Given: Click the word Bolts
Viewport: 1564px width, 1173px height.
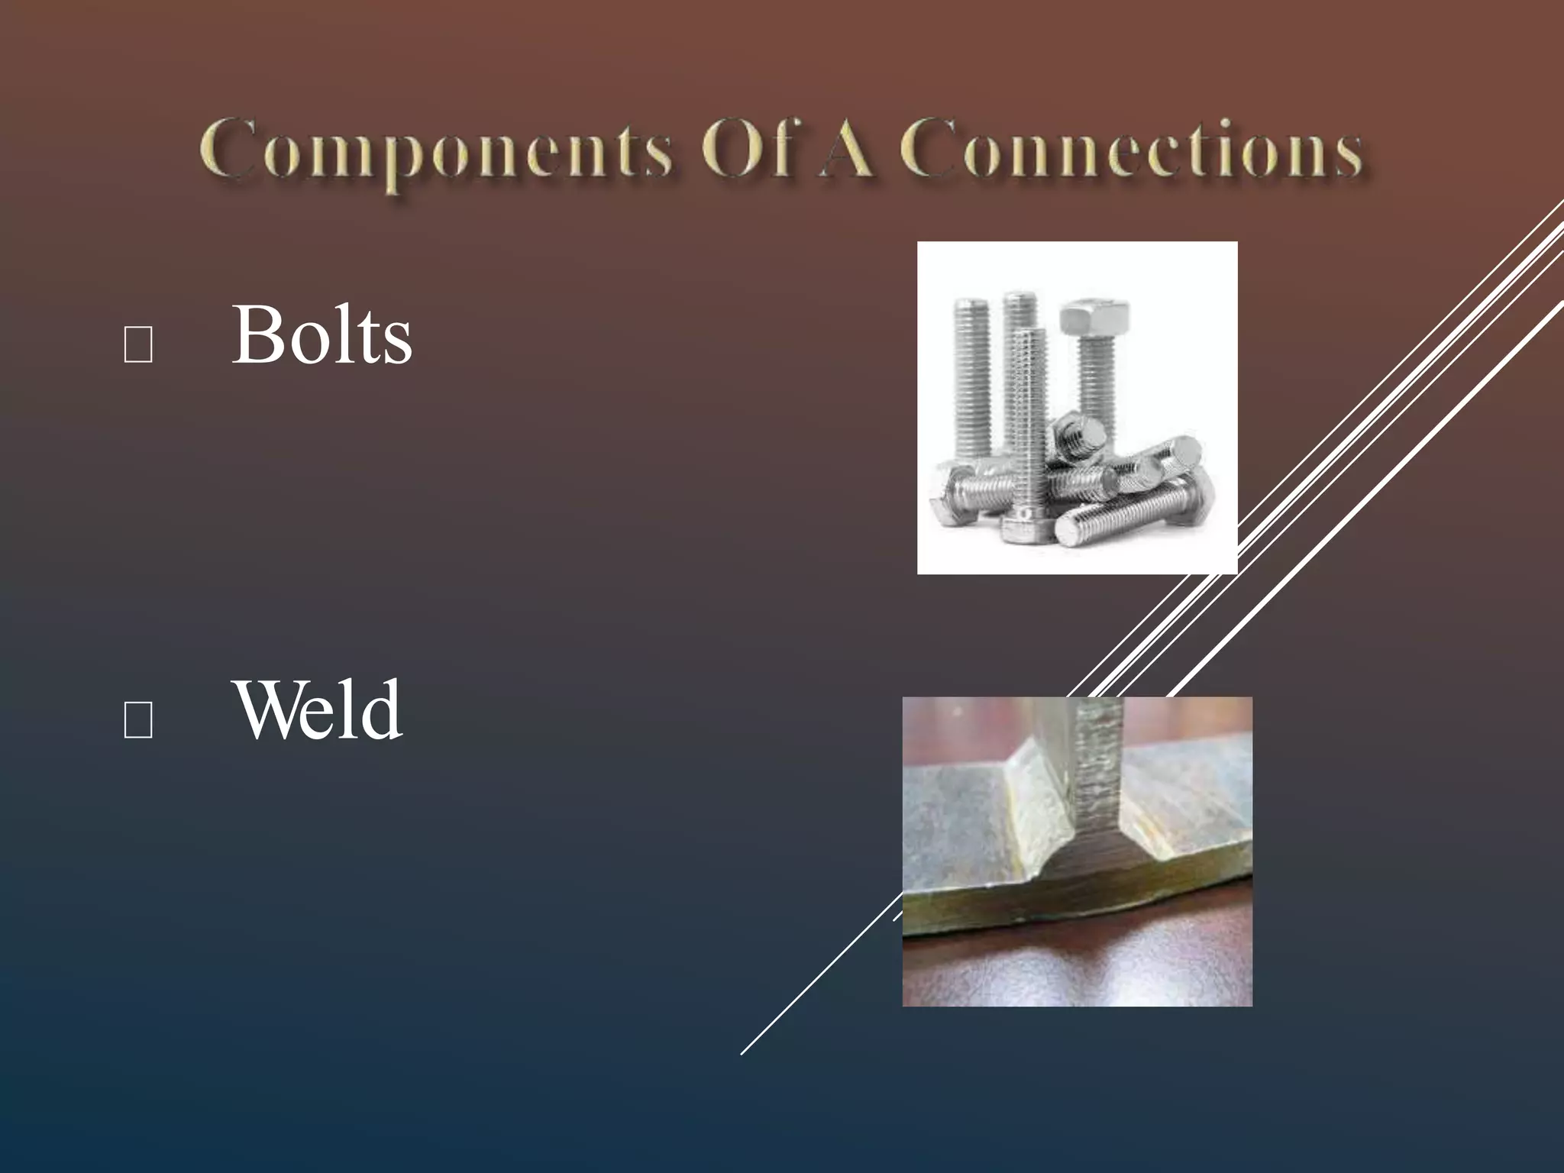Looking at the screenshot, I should pos(322,336).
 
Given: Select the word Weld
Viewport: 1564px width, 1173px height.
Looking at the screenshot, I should pos(319,710).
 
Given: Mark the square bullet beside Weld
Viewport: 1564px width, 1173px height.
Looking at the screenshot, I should pos(137,719).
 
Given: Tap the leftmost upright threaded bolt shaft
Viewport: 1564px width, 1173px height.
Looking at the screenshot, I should pos(971,382).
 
